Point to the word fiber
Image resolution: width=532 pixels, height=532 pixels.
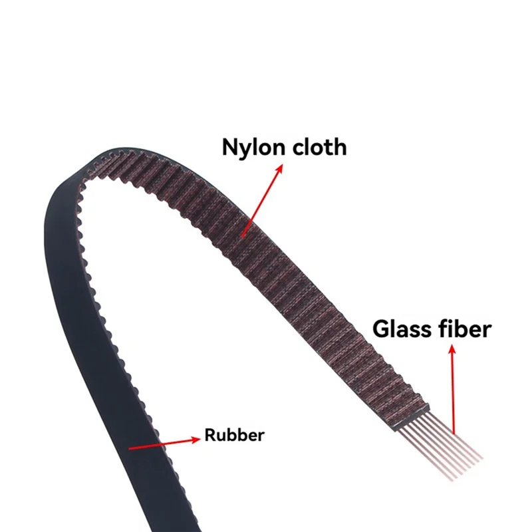tap(465, 329)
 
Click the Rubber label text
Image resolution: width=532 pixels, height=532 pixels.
tap(234, 436)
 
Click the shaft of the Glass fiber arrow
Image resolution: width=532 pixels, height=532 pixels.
tap(454, 392)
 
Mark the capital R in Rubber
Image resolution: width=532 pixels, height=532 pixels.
tap(210, 436)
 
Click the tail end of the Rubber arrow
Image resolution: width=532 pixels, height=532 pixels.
tap(130, 448)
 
